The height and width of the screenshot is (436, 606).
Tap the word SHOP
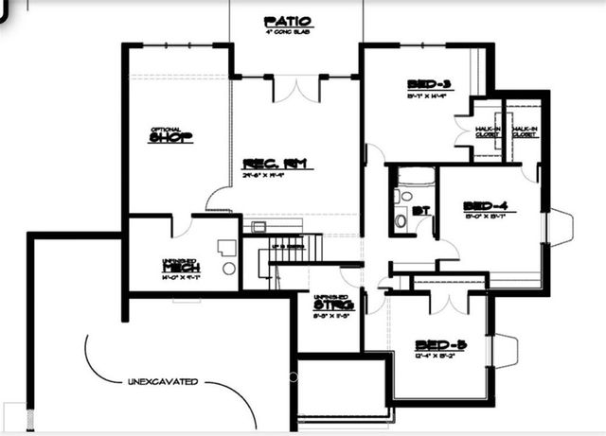171,138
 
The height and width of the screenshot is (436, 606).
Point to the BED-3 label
428,82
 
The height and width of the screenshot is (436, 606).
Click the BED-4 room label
486,205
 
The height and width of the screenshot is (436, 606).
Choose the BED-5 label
437,345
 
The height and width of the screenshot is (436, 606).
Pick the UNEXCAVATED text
163,382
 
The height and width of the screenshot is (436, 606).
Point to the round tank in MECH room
229,269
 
